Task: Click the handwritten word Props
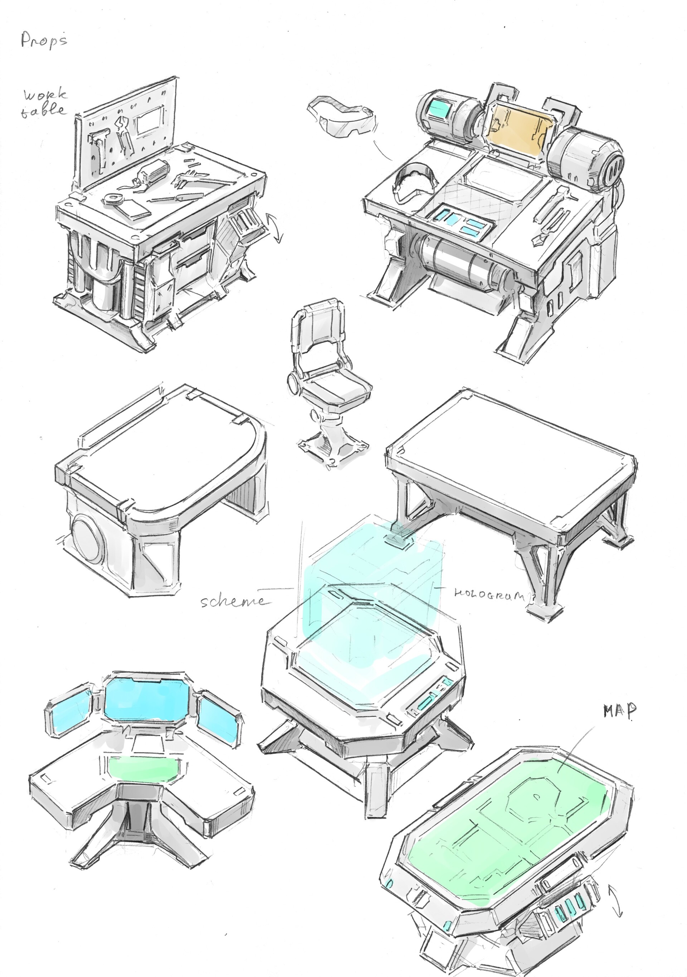44,41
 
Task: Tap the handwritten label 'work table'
45,102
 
